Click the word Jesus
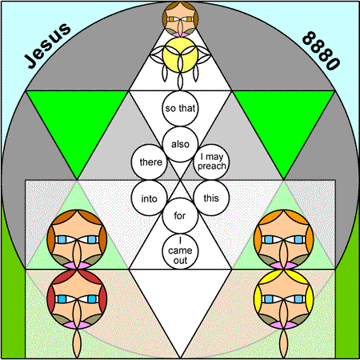[x=47, y=46]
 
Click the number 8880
[x=321, y=50]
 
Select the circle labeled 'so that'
[x=180, y=108]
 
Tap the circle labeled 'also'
[x=180, y=144]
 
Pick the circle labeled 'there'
[x=150, y=162]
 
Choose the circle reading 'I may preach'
[x=211, y=162]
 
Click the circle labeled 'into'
[x=150, y=198]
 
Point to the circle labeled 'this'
[x=211, y=198]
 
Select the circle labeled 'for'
[x=180, y=216]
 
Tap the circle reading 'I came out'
[x=180, y=251]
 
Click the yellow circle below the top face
[x=180, y=55]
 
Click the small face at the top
[x=180, y=19]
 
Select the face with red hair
[x=77, y=299]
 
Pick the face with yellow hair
[x=284, y=299]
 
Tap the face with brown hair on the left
[x=77, y=239]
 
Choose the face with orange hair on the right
[x=284, y=239]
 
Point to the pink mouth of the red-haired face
[x=77, y=325]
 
